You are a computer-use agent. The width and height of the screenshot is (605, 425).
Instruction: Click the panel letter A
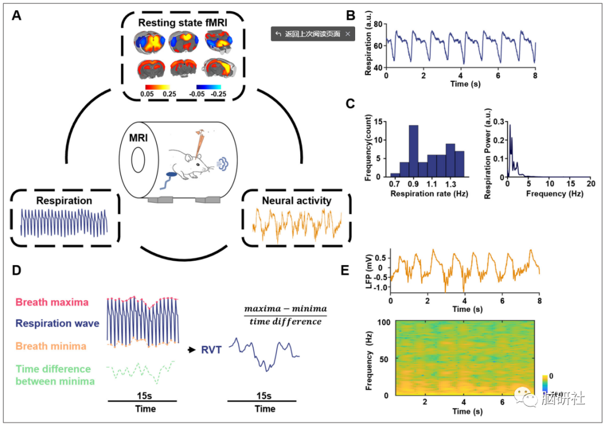17,15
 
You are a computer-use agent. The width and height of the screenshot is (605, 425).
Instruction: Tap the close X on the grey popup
347,34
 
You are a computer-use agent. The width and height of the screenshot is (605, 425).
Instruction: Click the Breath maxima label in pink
52,302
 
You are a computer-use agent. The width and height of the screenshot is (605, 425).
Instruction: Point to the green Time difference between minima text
53,374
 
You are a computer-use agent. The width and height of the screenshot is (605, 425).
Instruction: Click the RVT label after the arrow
212,350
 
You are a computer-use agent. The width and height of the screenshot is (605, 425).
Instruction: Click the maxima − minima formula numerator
286,309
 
